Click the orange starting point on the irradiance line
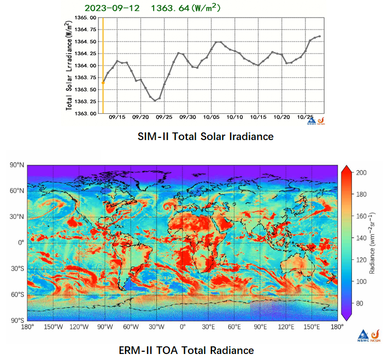pyautogui.click(x=103, y=83)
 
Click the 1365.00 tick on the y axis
pyautogui.click(x=85, y=18)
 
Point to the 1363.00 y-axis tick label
pyautogui.click(x=85, y=114)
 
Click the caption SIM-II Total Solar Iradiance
pyautogui.click(x=205, y=137)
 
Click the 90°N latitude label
pyautogui.click(x=16, y=165)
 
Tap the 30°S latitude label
pyautogui.click(x=16, y=269)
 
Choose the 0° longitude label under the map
pyautogui.click(x=183, y=327)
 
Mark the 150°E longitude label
pyautogui.click(x=312, y=327)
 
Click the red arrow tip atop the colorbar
pyautogui.click(x=347, y=167)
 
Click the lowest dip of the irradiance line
pyautogui.click(x=155, y=101)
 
